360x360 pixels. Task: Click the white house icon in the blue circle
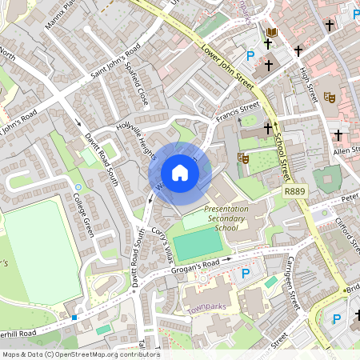pyautogui.click(x=180, y=173)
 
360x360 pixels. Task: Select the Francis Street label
pyautogui.click(x=238, y=111)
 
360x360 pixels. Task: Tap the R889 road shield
pyautogui.click(x=294, y=192)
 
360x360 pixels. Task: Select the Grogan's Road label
pyautogui.click(x=195, y=267)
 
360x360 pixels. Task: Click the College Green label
pyautogui.click(x=84, y=214)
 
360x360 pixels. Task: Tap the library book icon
pyautogui.click(x=272, y=33)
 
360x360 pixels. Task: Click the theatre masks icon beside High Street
pyautogui.click(x=329, y=97)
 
